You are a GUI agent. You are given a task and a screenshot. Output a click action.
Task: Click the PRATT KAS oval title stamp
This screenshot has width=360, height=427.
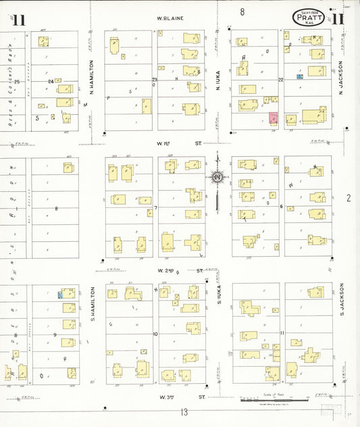(x=309, y=17)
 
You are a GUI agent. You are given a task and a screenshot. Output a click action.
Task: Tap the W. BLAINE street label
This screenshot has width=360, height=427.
(x=171, y=18)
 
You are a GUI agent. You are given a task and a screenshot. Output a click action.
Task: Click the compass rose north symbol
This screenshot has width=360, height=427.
(x=217, y=178)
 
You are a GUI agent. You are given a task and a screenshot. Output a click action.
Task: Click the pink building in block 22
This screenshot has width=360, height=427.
(x=274, y=118)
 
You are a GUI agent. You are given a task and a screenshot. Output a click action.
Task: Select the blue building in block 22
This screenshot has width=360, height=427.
(x=299, y=77)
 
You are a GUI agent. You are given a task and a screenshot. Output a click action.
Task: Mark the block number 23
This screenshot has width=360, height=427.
(x=155, y=80)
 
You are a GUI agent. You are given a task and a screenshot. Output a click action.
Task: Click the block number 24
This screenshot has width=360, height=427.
(x=50, y=81)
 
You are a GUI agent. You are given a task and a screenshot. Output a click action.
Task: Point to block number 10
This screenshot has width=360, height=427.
(x=155, y=334)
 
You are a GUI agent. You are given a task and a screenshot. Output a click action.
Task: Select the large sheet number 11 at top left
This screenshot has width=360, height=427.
(x=18, y=19)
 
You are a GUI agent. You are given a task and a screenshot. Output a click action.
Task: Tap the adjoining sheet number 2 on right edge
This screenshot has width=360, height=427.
(x=349, y=198)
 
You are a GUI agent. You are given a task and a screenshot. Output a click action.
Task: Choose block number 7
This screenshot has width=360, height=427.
(x=155, y=207)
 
